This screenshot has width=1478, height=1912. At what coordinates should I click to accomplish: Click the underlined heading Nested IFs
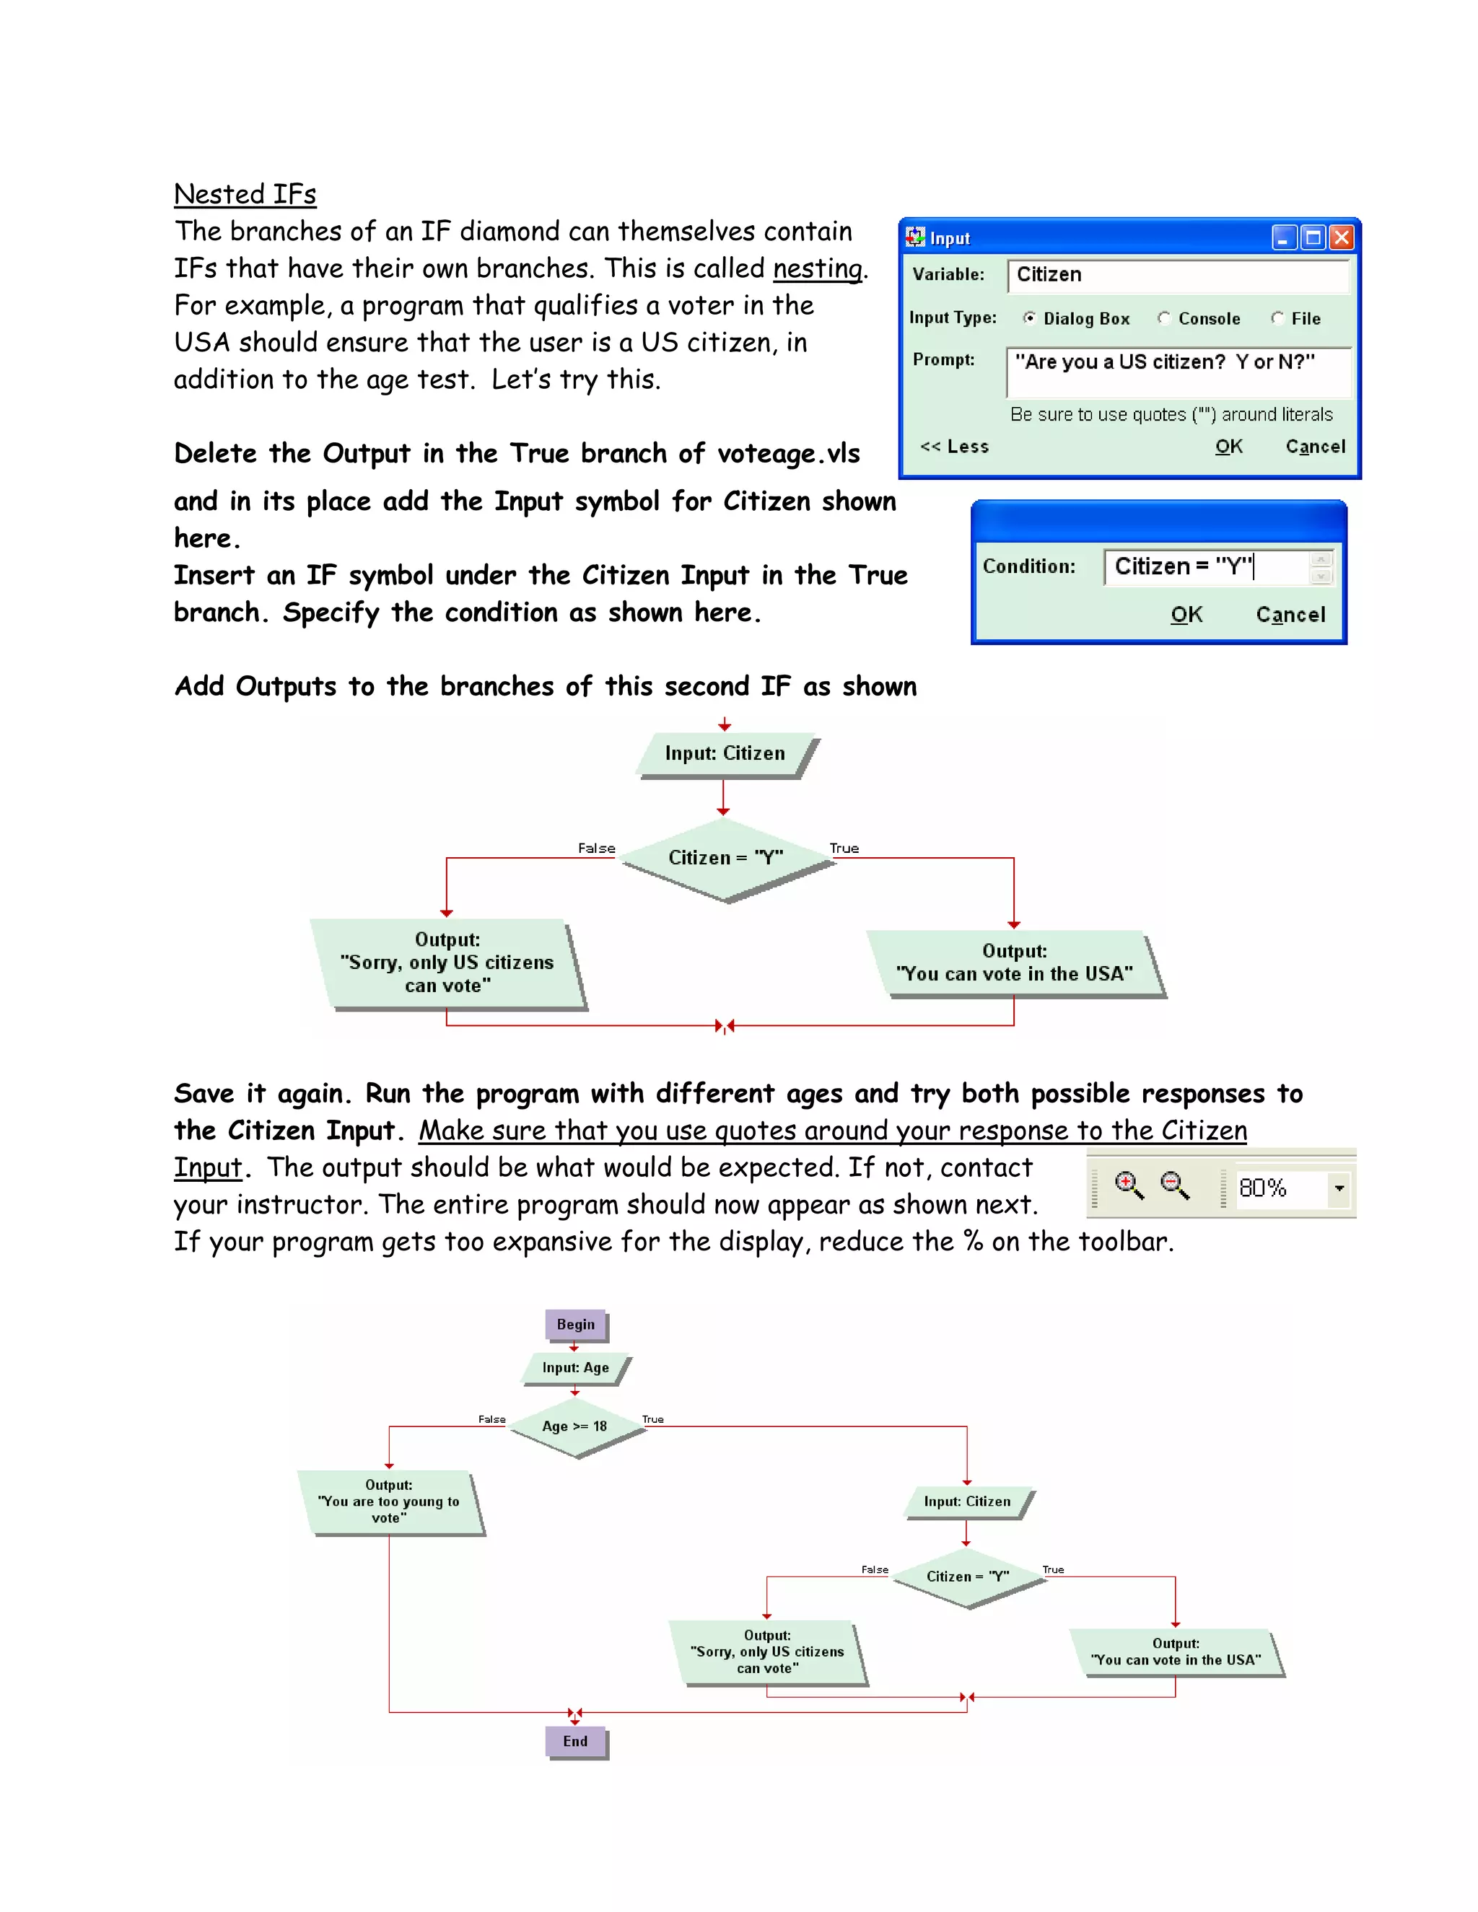245,193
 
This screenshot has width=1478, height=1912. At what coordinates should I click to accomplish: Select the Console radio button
1163,319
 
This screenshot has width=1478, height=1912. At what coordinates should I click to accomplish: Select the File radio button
1277,319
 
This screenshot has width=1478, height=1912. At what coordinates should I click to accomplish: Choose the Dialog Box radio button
1030,319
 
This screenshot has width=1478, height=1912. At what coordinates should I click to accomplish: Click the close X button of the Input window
1341,237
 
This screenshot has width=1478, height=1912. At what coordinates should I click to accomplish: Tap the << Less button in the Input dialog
954,447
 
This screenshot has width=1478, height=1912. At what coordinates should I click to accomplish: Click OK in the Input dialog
1228,447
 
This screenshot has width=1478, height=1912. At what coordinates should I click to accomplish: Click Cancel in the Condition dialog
1290,615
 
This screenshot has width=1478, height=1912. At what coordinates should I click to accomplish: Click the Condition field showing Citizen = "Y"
1207,567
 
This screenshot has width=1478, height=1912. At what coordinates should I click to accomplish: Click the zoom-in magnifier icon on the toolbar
1128,1186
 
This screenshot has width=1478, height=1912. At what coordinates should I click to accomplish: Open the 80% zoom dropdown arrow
1339,1189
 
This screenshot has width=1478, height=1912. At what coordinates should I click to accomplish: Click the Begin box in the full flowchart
575,1325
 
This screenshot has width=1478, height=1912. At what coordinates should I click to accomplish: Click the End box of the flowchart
575,1741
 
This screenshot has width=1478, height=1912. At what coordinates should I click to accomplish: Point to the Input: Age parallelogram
575,1367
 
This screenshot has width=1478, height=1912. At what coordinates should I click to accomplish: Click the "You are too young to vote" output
390,1501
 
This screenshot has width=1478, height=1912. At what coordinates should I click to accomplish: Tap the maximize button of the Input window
1311,237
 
